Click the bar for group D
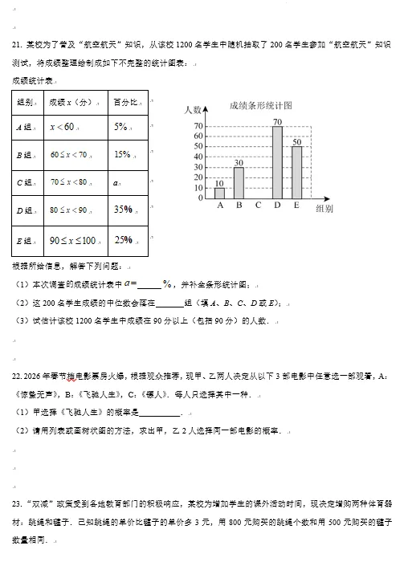pyautogui.click(x=277, y=162)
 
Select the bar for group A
pyautogui.click(x=219, y=193)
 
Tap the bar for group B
pyautogui.click(x=239, y=182)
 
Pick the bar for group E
pyautogui.click(x=296, y=172)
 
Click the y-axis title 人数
pyautogui.click(x=193, y=108)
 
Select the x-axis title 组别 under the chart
pyautogui.click(x=325, y=209)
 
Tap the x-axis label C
pyautogui.click(x=258, y=205)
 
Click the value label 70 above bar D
pyautogui.click(x=277, y=121)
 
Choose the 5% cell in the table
pyautogui.click(x=122, y=126)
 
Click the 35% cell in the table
pyautogui.click(x=123, y=210)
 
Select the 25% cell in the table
pyautogui.click(x=123, y=239)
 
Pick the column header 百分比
pyautogui.click(x=124, y=102)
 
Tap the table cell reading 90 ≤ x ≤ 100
pyautogui.click(x=73, y=239)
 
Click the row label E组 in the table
pyautogui.click(x=23, y=240)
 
